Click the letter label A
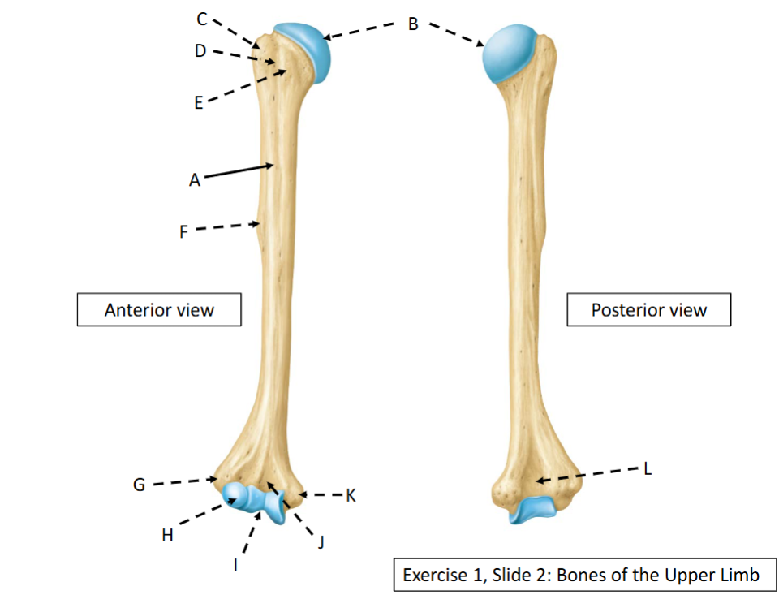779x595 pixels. pos(194,179)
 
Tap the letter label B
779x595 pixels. pos(413,24)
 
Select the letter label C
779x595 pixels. pos(201,19)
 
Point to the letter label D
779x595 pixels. pos(200,50)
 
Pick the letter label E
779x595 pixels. pos(198,102)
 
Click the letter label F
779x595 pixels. pos(183,231)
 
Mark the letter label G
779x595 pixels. pos(139,484)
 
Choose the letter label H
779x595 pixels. pos(167,536)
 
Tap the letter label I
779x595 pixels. pos(235,565)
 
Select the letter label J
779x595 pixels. pos(321,541)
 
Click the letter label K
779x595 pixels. pos(351,495)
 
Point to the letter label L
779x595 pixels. pos(648,468)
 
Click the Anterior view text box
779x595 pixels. pos(159,310)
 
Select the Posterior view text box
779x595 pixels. pos(649,310)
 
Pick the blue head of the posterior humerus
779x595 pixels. pos(508,53)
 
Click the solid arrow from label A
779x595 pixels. pos(239,170)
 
